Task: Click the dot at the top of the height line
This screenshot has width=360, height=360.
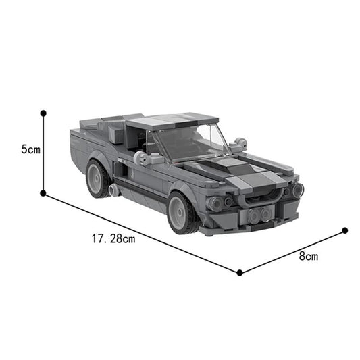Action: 43,112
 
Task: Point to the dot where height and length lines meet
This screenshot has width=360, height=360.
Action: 43,193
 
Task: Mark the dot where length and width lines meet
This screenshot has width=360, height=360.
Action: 240,273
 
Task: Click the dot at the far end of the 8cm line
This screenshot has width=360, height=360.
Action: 344,230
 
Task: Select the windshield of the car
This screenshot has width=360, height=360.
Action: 186,142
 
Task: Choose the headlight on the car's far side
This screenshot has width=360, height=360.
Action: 297,190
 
